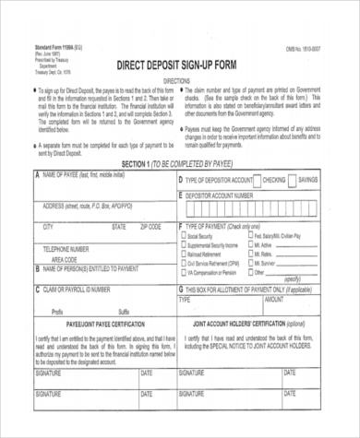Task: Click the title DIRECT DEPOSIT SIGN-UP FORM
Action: (181, 65)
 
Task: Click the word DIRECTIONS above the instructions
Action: (180, 81)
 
